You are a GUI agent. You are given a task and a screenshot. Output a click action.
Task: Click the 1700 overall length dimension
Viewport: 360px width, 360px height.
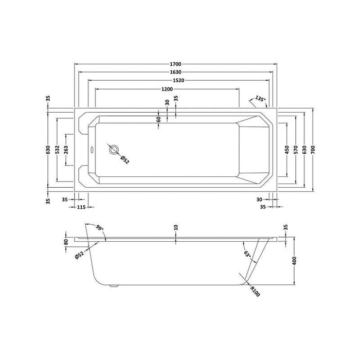[x=176, y=64]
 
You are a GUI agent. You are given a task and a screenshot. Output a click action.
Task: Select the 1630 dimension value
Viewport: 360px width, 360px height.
[x=176, y=72]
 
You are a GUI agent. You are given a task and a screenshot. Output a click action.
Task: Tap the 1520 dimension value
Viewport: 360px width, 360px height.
[x=178, y=80]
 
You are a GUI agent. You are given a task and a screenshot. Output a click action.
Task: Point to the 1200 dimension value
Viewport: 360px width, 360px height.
[x=167, y=89]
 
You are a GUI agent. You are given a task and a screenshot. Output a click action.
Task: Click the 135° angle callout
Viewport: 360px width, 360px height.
[x=260, y=99]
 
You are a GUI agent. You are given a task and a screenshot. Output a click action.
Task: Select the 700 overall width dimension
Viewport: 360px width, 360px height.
[x=313, y=150]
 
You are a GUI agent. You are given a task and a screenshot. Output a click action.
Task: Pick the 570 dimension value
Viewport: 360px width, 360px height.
[x=296, y=150]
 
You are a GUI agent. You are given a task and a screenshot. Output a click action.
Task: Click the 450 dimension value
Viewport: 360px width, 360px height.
[x=287, y=150]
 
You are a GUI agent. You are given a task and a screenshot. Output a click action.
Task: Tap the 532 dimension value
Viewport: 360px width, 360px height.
[x=57, y=150]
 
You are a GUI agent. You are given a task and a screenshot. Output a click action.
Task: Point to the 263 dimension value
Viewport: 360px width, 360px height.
[x=66, y=150]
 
